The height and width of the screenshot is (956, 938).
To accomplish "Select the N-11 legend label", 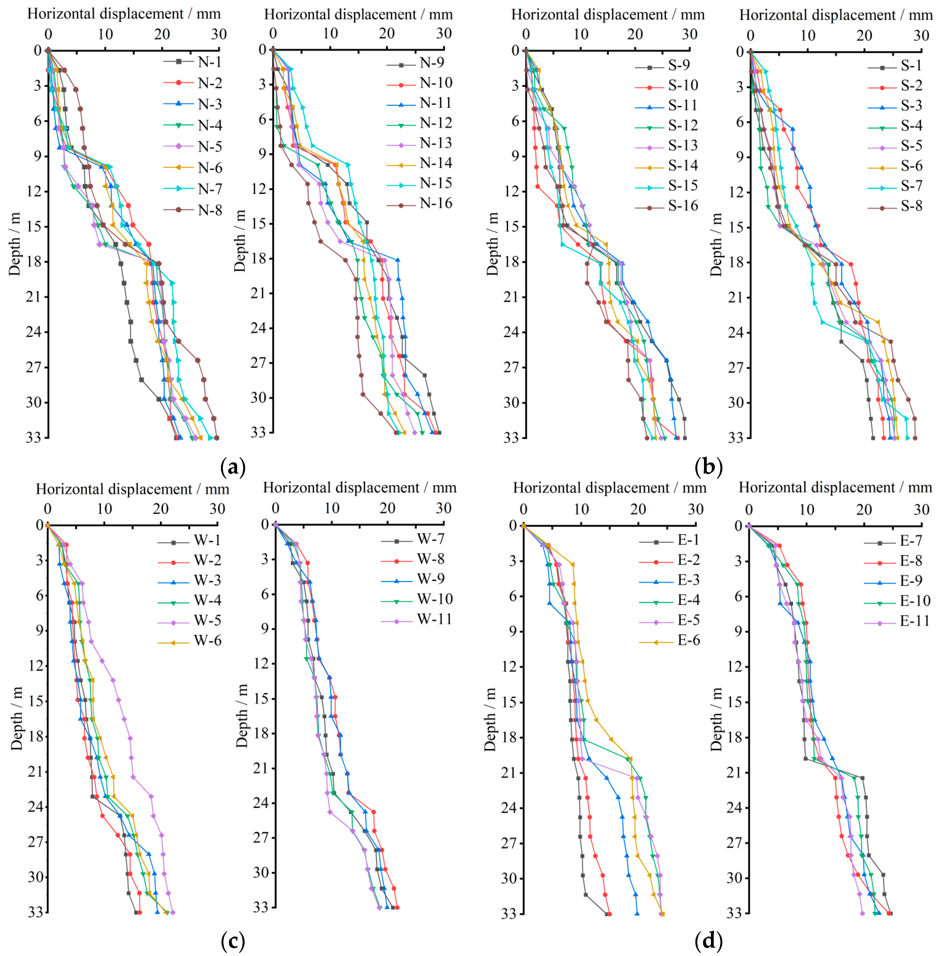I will (x=435, y=103).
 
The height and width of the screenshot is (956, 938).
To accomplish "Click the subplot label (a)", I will (x=233, y=466).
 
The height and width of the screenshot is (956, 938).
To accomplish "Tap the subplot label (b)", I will (x=708, y=466).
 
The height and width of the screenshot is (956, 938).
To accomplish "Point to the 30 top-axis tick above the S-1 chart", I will (x=921, y=35).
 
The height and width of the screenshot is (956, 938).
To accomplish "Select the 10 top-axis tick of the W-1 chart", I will (x=104, y=509).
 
